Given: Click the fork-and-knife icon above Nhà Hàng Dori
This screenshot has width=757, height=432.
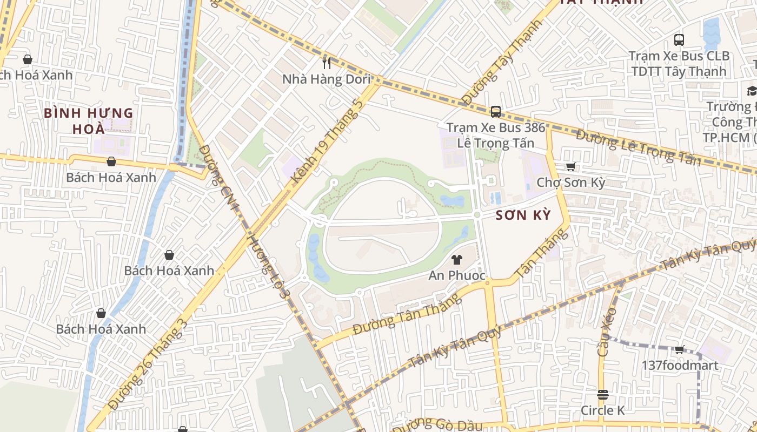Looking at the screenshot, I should point(326,63).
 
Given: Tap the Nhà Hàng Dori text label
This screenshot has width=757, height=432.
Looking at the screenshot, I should point(326,79).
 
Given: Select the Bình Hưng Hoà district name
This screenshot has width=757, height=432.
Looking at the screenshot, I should point(89,121).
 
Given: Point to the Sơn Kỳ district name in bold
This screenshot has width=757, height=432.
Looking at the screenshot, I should point(523,215).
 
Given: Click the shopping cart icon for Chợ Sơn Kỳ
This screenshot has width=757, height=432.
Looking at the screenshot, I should point(570,166).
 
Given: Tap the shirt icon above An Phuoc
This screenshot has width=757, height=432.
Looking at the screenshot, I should point(457,260).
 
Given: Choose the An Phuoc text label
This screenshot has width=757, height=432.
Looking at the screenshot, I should point(457,275).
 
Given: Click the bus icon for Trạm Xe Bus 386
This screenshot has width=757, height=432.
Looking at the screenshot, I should point(495,112).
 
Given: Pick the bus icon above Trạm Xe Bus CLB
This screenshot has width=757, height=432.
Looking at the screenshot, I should point(679,39).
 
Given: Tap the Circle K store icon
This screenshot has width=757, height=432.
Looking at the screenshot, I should point(603,394).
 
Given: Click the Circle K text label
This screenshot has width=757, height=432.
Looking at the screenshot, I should point(603,410).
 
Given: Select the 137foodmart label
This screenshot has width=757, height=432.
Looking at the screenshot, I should point(680,366).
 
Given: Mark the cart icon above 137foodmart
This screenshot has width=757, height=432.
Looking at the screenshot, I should point(680,349).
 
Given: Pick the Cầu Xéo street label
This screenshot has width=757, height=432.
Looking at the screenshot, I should point(607,331).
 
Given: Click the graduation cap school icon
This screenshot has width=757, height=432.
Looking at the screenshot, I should point(752,90).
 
